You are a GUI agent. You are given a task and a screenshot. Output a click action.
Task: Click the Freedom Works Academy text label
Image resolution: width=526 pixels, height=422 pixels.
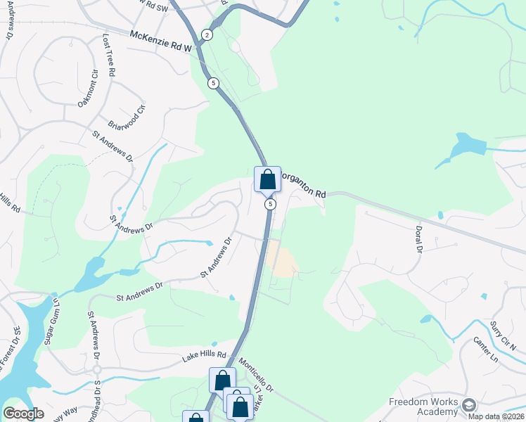pos(423,407)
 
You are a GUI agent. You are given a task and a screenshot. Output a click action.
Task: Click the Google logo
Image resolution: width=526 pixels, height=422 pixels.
pos(23,414)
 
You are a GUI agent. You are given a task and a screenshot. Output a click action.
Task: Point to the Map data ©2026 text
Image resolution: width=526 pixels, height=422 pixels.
pos(496,416)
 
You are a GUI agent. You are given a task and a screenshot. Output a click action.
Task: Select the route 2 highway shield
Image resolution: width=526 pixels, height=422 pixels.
pos(207,34)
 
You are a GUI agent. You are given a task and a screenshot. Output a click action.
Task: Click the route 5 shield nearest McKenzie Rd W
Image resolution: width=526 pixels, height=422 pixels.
pos(213,83)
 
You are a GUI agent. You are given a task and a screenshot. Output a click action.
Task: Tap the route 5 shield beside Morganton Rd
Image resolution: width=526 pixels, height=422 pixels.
pos(269,204)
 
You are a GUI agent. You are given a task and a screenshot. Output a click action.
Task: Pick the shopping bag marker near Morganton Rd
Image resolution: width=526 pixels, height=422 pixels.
pos(267,179)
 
